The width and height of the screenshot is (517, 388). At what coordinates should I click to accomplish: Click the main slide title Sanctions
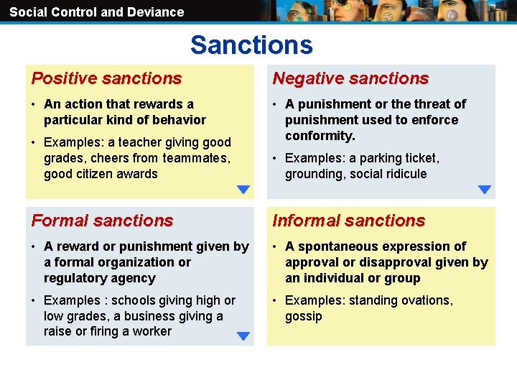tap(251, 45)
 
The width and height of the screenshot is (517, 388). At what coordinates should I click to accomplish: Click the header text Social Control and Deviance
tap(96, 11)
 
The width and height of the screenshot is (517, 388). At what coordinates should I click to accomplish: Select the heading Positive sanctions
tap(106, 78)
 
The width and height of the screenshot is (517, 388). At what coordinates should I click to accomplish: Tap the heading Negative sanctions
tap(350, 78)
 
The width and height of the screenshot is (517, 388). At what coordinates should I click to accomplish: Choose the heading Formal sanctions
tap(102, 221)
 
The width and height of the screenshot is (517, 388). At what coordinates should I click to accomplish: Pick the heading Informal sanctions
tap(349, 221)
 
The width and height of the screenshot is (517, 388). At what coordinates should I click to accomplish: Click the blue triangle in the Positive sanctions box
tap(243, 190)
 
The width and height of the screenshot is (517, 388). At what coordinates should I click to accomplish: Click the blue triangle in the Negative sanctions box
tap(485, 190)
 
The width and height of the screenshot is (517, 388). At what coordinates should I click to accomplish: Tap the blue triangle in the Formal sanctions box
tap(243, 336)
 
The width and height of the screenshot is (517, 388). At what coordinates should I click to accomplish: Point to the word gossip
tap(304, 316)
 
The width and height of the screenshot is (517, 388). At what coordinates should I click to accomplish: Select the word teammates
tap(195, 158)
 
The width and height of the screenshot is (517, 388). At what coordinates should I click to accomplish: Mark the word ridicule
tap(404, 174)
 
